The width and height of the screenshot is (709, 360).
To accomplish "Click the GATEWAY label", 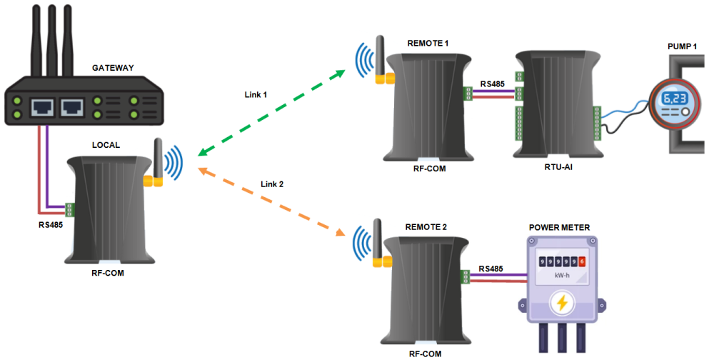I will point(113,68).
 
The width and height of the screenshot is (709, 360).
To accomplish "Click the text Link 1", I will point(255,94).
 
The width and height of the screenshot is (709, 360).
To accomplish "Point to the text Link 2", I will point(272,184).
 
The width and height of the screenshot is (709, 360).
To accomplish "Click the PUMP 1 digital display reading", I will point(672,99).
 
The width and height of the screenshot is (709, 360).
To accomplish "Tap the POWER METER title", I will point(559,228).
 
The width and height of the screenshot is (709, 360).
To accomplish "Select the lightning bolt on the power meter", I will point(562,304).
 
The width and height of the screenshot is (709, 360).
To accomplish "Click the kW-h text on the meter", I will point(562,275).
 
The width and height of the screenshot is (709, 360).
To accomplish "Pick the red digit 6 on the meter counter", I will point(582,262).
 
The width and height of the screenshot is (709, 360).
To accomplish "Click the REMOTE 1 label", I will point(428,44).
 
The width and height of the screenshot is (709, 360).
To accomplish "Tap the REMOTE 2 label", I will point(426,226).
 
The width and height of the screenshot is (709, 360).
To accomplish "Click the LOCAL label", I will point(106,145).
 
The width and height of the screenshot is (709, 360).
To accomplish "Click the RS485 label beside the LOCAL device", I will point(50,224).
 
